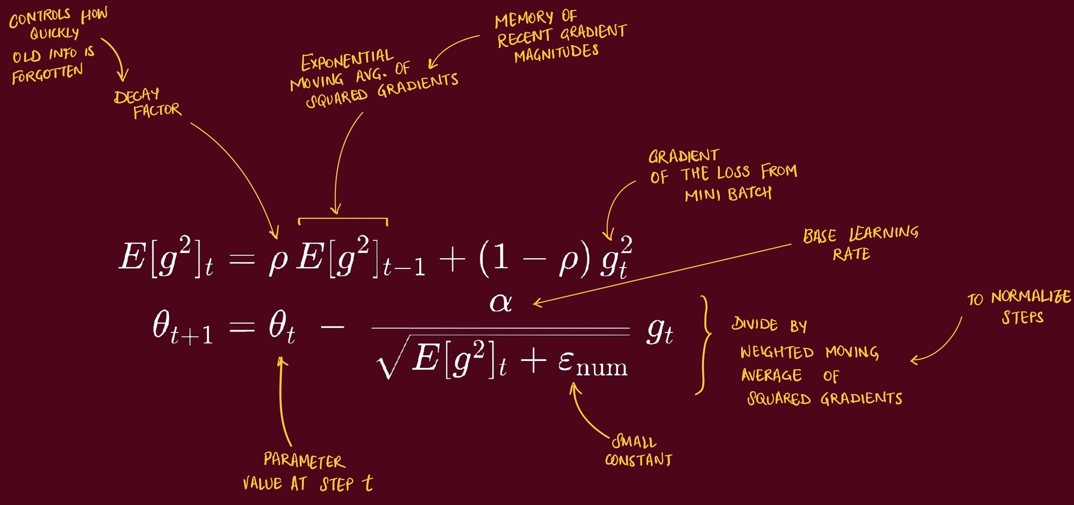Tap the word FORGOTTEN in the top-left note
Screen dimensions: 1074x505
click(x=47, y=74)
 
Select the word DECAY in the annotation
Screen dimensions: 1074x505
click(x=136, y=96)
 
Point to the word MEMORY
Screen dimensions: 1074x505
click(x=524, y=19)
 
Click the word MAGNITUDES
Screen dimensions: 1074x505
click(x=556, y=53)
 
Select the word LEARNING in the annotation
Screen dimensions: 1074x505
click(x=883, y=233)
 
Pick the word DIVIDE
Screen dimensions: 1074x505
click(x=755, y=324)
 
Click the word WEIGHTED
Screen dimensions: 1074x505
click(x=777, y=352)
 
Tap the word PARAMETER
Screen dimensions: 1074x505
click(x=304, y=460)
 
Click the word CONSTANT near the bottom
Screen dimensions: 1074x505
click(x=638, y=459)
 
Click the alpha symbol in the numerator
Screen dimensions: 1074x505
click(x=500, y=303)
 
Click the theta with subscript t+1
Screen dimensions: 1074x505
click(x=182, y=328)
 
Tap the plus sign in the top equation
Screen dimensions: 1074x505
click(x=452, y=259)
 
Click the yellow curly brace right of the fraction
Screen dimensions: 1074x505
click(x=705, y=345)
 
